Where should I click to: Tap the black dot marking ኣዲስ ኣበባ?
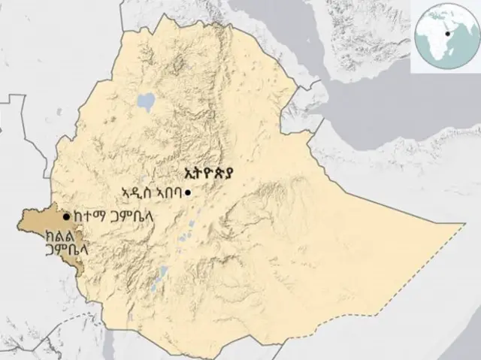coord(187,193)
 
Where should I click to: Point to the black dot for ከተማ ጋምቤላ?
coord(67,216)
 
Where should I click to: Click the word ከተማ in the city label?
coord(88,217)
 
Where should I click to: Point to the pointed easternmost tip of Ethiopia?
coord(461,223)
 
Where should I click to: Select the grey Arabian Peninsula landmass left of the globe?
coord(361,45)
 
